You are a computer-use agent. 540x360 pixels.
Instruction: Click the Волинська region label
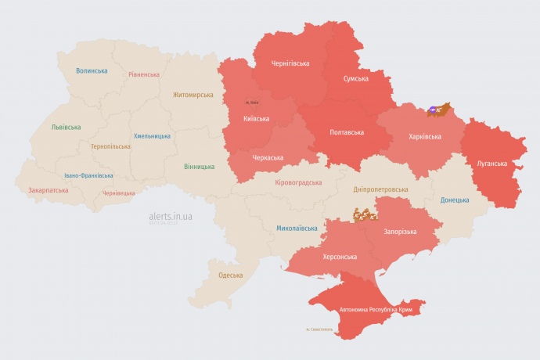click(x=92, y=70)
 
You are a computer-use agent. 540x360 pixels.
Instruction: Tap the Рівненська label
click(x=144, y=74)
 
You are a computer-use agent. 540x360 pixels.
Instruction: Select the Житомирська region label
click(x=193, y=95)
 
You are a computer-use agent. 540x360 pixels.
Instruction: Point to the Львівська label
click(x=66, y=126)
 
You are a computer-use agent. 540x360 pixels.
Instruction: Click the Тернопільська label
click(x=111, y=146)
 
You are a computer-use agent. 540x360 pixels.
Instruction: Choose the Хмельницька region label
click(x=152, y=135)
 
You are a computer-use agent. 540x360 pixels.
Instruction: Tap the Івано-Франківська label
click(x=88, y=175)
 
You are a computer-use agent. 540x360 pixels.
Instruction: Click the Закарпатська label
click(x=47, y=189)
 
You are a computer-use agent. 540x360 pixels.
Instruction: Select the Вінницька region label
click(x=199, y=167)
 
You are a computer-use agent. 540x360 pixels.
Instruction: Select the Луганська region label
click(x=492, y=164)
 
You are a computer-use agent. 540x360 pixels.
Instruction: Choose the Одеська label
click(x=230, y=275)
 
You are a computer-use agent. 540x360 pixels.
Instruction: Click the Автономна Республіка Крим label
click(x=376, y=310)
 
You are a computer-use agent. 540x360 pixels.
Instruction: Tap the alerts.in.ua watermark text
click(x=170, y=216)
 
